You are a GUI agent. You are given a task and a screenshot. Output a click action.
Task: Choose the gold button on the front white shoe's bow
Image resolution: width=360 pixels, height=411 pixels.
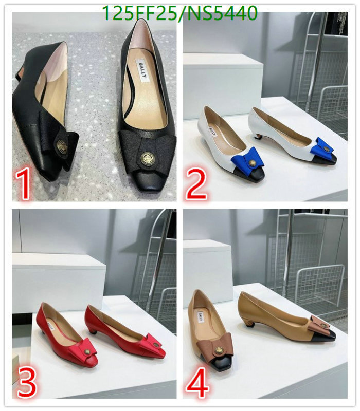[x=253, y=163]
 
